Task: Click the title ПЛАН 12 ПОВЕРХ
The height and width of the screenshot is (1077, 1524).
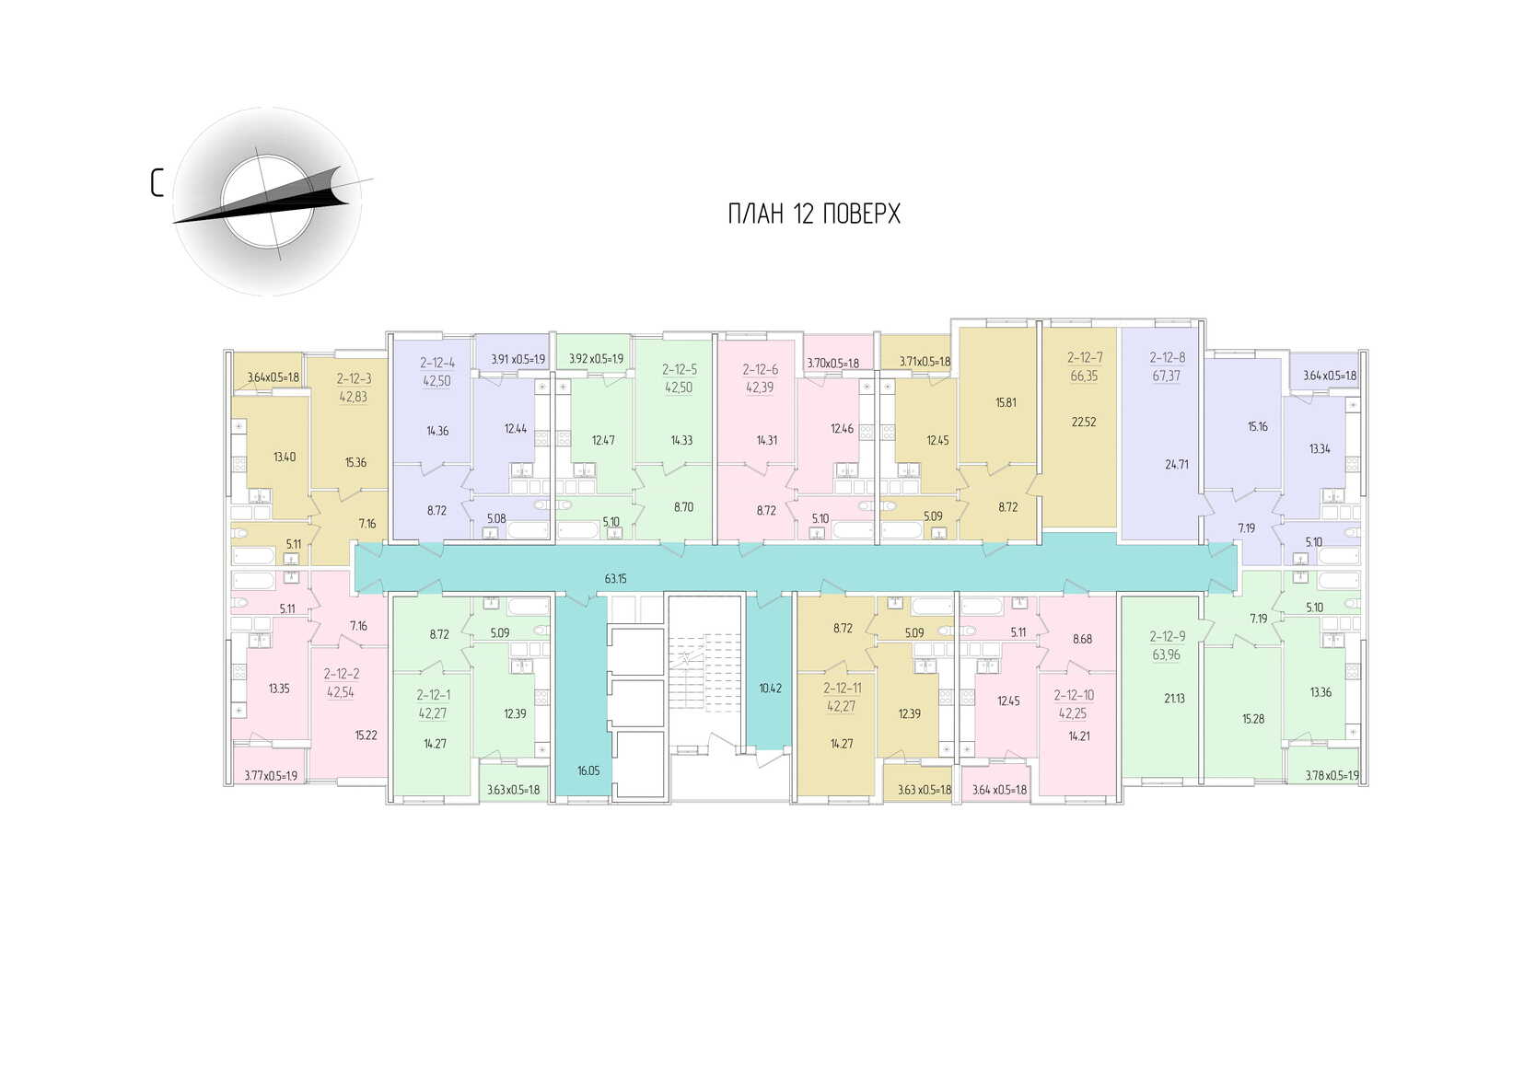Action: pyautogui.click(x=814, y=214)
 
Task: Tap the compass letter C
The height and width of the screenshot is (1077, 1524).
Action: pyautogui.click(x=157, y=182)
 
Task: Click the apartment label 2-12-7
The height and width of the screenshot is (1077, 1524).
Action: pyautogui.click(x=1085, y=357)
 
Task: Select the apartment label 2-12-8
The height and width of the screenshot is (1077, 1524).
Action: pyautogui.click(x=1167, y=357)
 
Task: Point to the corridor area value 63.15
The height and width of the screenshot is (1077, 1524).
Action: pyautogui.click(x=615, y=579)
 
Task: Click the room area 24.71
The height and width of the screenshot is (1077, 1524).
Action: pyautogui.click(x=1176, y=465)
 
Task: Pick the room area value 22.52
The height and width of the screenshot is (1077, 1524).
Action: pyautogui.click(x=1084, y=423)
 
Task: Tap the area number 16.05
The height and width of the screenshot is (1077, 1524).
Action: pyautogui.click(x=588, y=770)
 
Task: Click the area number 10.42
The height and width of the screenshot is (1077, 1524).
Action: pyautogui.click(x=770, y=688)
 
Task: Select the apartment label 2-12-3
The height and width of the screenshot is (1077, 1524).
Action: pyautogui.click(x=354, y=378)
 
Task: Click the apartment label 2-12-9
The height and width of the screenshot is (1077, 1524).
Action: pyautogui.click(x=1167, y=636)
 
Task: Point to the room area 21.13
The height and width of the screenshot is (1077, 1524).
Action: pyautogui.click(x=1174, y=699)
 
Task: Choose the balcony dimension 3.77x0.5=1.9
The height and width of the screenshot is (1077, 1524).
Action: pyautogui.click(x=271, y=776)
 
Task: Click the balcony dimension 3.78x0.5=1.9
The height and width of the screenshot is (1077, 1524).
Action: pyautogui.click(x=1332, y=776)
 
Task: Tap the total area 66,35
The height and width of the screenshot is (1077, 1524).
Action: pyautogui.click(x=1085, y=376)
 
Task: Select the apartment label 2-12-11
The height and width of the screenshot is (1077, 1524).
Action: pyautogui.click(x=842, y=688)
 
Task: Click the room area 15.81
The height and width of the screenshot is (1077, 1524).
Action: pyautogui.click(x=1006, y=402)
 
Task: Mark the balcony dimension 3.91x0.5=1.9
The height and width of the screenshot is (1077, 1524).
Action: pyautogui.click(x=518, y=359)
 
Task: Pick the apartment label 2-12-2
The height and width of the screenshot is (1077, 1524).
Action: pyautogui.click(x=341, y=674)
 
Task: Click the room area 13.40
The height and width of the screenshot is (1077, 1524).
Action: pyautogui.click(x=285, y=457)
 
